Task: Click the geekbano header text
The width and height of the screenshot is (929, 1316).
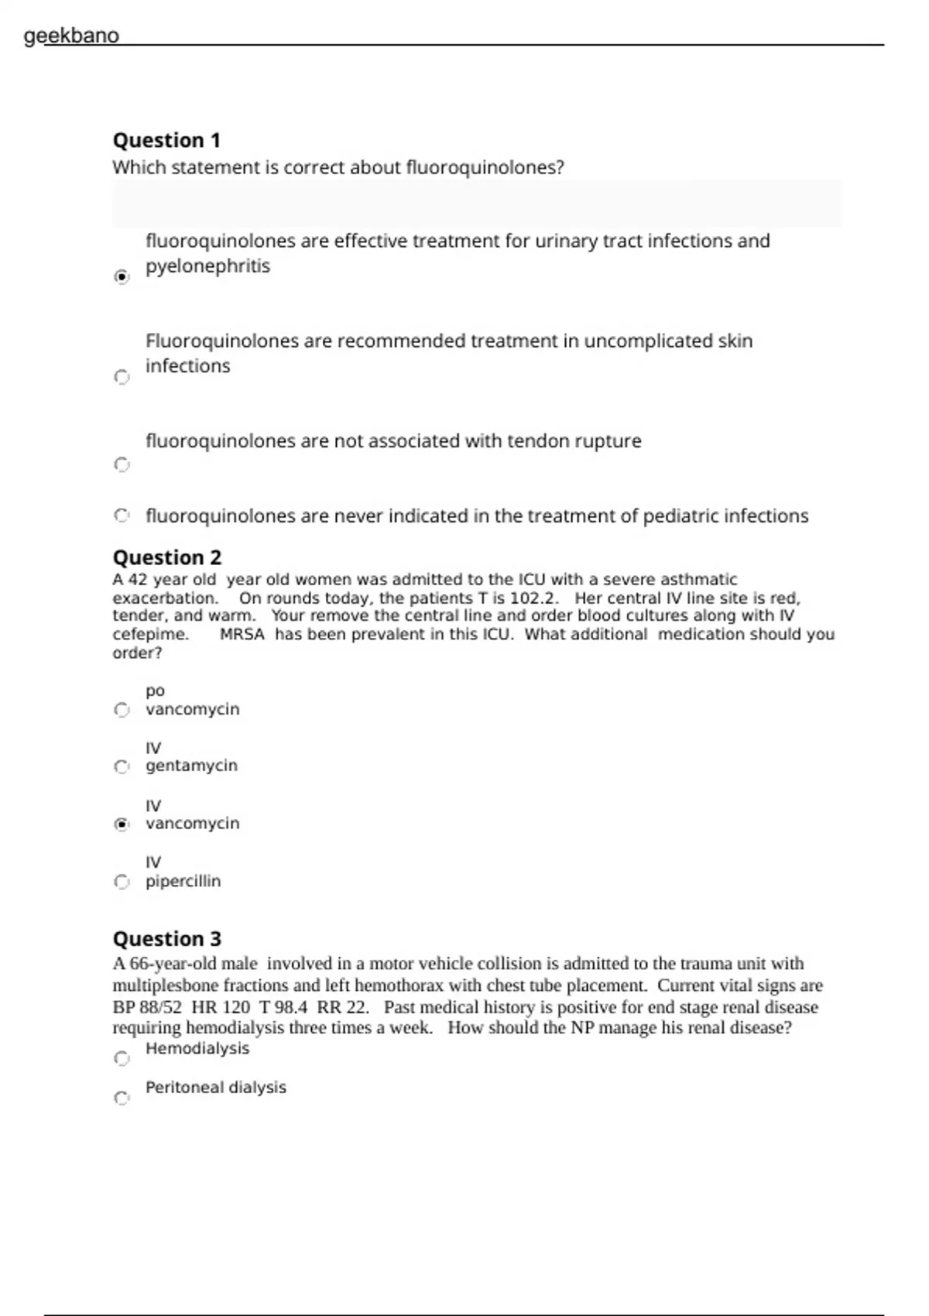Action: click(x=71, y=36)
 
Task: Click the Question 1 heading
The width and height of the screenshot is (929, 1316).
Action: click(x=166, y=140)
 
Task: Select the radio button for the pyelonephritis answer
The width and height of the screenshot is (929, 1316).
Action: click(x=122, y=276)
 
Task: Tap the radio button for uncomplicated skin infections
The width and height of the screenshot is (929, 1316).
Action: click(x=122, y=377)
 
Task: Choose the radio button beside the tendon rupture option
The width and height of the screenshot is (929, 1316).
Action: click(x=122, y=464)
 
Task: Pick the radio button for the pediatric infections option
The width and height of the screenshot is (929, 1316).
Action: click(x=122, y=516)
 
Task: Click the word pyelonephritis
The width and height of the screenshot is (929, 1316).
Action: click(x=207, y=266)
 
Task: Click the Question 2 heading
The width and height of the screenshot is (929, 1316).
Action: click(x=166, y=557)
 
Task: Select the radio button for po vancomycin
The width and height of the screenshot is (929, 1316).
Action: click(x=122, y=710)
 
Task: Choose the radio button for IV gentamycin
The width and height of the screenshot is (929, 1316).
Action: click(x=122, y=766)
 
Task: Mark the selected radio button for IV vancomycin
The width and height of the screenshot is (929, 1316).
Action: click(x=122, y=824)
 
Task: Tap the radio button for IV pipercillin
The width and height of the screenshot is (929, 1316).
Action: click(x=122, y=882)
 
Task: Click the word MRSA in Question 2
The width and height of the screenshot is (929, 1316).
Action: click(x=242, y=635)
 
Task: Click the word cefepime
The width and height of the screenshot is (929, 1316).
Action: click(x=150, y=635)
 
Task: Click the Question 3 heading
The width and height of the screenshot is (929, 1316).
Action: click(x=166, y=938)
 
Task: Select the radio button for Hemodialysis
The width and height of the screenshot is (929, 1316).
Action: click(x=122, y=1058)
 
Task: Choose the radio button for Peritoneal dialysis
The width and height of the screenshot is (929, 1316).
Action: click(x=122, y=1098)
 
